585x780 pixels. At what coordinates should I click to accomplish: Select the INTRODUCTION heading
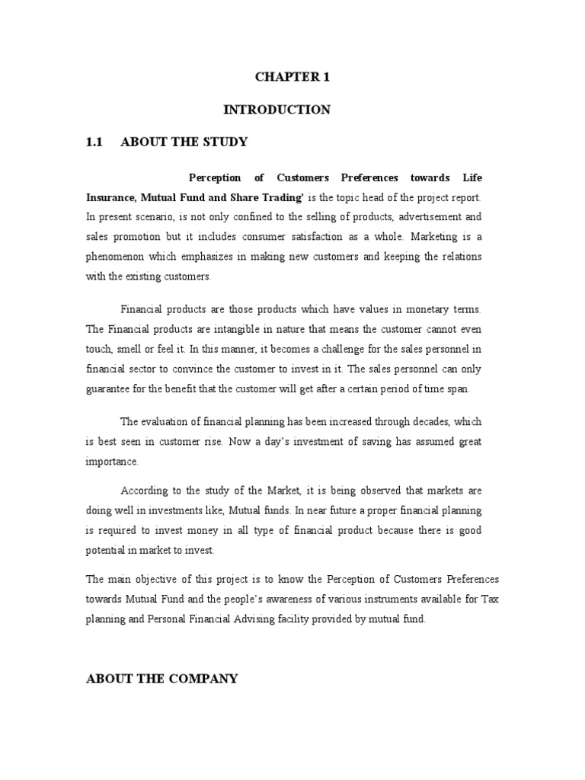(x=277, y=110)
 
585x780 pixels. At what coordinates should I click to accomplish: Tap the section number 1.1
(x=96, y=142)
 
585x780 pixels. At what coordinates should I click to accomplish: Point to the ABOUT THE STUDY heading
(x=184, y=142)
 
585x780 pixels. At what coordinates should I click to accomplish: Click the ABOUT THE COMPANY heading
(x=162, y=678)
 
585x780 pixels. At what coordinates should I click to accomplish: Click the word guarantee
(x=110, y=388)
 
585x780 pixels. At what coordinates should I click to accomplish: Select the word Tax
(x=491, y=600)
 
